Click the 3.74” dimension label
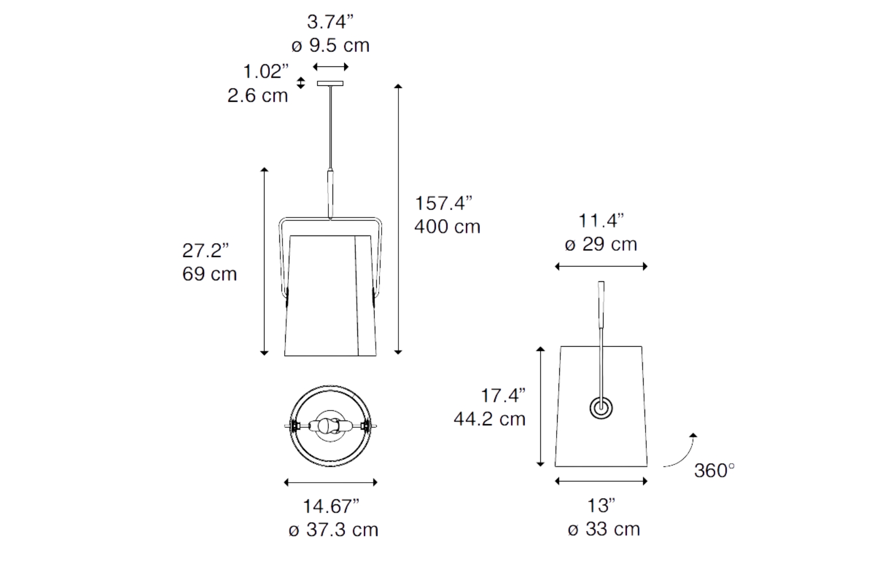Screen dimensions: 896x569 (x=330, y=22)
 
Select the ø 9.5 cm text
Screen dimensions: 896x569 (x=330, y=45)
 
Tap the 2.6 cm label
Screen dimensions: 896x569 (x=258, y=95)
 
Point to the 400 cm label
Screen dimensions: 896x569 (x=447, y=227)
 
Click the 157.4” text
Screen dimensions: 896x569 (x=444, y=203)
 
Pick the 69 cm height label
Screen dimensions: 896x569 (x=210, y=274)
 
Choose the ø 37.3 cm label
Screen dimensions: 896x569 (x=334, y=530)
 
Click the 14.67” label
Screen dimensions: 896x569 (x=331, y=506)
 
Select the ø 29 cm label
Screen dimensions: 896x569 (x=601, y=244)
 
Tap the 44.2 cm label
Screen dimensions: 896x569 (x=490, y=419)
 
